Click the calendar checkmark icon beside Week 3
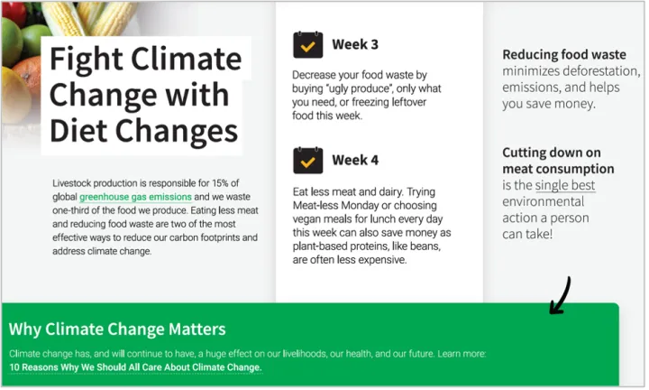pos(308,45)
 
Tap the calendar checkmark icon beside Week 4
pos(308,161)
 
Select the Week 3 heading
pos(355,44)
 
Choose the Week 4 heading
pos(355,160)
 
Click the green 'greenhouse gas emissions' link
pos(135,197)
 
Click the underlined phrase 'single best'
pos(565,185)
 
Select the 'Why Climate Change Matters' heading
pos(117,330)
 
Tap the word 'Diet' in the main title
pos(78,131)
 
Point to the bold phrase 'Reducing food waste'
pos(564,55)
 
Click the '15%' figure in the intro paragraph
pos(220,183)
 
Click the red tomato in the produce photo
pos(14,14)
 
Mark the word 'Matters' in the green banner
pos(197,330)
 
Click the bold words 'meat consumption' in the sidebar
pos(558,169)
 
